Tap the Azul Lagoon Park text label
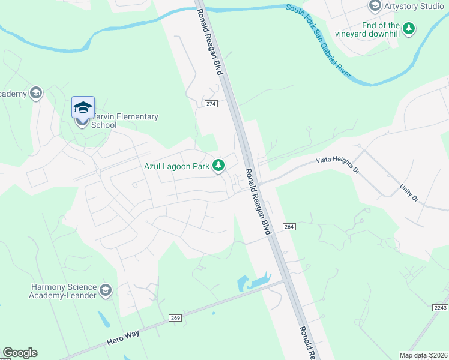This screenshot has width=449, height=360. point(175,166)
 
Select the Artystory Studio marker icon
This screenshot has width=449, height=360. point(375,6)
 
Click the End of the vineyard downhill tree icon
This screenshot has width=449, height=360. point(409,28)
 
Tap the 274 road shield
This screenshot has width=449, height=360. point(211,104)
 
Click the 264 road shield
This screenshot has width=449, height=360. point(289,226)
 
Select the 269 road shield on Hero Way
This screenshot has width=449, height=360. point(175,317)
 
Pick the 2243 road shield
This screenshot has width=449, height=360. point(440,308)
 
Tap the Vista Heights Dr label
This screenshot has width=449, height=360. point(337,163)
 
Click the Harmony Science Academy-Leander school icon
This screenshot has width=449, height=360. point(106,291)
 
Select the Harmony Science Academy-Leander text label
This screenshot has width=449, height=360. point(63,292)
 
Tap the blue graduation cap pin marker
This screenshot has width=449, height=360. point(83,107)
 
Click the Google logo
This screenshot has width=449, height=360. point(20,353)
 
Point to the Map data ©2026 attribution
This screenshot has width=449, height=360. point(423,355)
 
